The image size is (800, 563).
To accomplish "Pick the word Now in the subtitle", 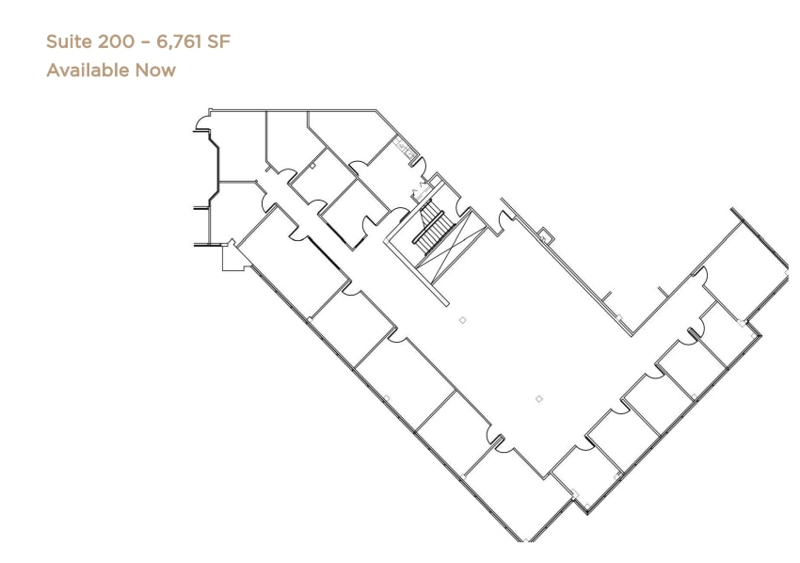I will click(154, 70).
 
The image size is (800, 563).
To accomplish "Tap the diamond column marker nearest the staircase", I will click(462, 320).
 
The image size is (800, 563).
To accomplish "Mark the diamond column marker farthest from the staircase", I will click(539, 399).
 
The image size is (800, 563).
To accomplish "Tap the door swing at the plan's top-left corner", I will click(200, 122).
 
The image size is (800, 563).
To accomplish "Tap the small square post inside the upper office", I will click(312, 166).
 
